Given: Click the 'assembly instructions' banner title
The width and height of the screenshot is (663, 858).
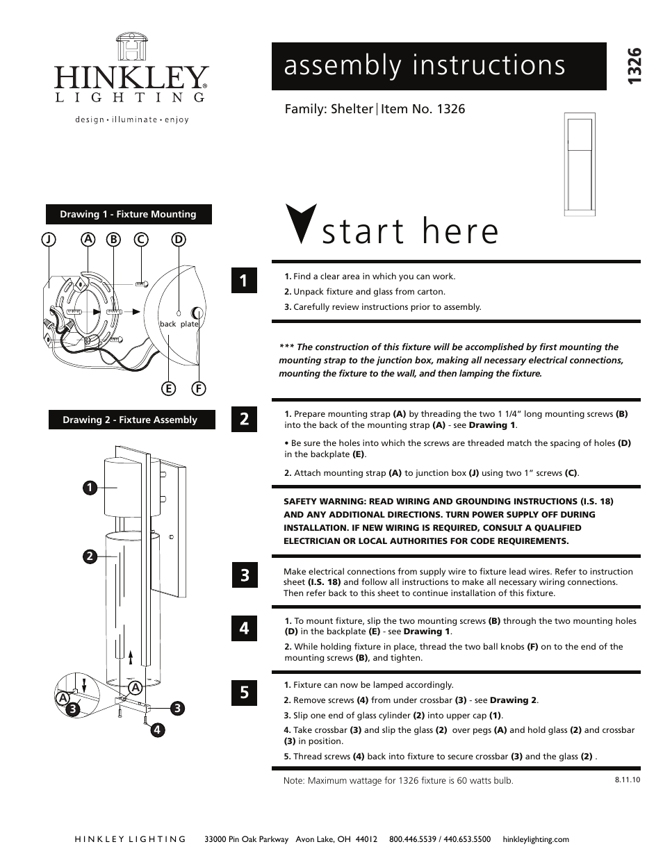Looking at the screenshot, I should [x=424, y=65].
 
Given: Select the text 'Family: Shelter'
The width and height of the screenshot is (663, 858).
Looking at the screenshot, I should [x=329, y=109].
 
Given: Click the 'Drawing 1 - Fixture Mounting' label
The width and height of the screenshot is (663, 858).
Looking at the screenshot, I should [x=129, y=214].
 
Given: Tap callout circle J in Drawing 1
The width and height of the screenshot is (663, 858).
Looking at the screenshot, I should [x=48, y=239].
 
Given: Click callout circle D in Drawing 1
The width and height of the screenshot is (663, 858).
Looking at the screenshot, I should [x=179, y=239].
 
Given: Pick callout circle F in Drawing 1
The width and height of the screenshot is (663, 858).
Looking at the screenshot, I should [x=199, y=388].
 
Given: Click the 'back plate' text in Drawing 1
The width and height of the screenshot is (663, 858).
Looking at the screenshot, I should [x=179, y=324].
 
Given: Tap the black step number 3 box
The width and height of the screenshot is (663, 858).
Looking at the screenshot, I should [x=245, y=575].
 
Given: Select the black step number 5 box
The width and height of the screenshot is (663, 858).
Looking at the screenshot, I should [x=245, y=692].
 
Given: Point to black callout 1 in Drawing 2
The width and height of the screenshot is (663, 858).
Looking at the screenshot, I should [x=90, y=488].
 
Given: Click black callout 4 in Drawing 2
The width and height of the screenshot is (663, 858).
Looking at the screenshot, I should [x=159, y=729].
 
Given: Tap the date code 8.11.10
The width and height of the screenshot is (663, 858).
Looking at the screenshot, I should [x=627, y=779].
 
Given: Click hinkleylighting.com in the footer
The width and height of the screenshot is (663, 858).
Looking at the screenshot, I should [x=535, y=839].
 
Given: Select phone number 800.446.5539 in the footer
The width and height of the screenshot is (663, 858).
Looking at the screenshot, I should [x=415, y=839].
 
